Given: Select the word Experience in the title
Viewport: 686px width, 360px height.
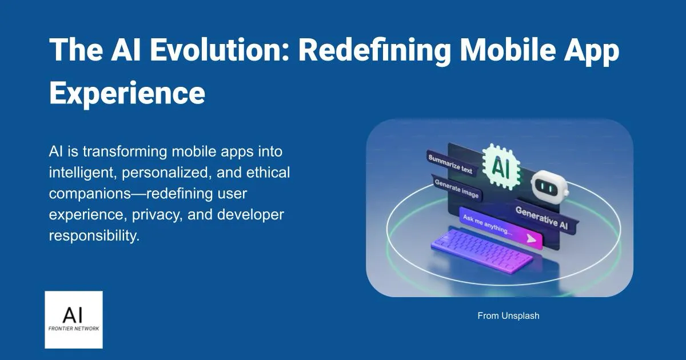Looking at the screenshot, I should click(x=127, y=93).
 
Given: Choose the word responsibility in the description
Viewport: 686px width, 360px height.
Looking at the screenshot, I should click(x=94, y=235).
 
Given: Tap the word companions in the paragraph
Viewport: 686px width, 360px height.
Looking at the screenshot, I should click(x=93, y=194).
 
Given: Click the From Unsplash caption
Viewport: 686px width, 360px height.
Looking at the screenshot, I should click(x=508, y=315).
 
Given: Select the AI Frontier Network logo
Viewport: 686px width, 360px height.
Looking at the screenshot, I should click(x=74, y=319).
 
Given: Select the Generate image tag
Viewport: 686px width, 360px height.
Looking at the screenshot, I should click(x=457, y=189).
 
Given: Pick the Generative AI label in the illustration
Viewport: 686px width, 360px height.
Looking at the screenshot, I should click(x=541, y=217).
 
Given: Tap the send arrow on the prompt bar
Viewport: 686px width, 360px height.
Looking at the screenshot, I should click(x=532, y=238).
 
